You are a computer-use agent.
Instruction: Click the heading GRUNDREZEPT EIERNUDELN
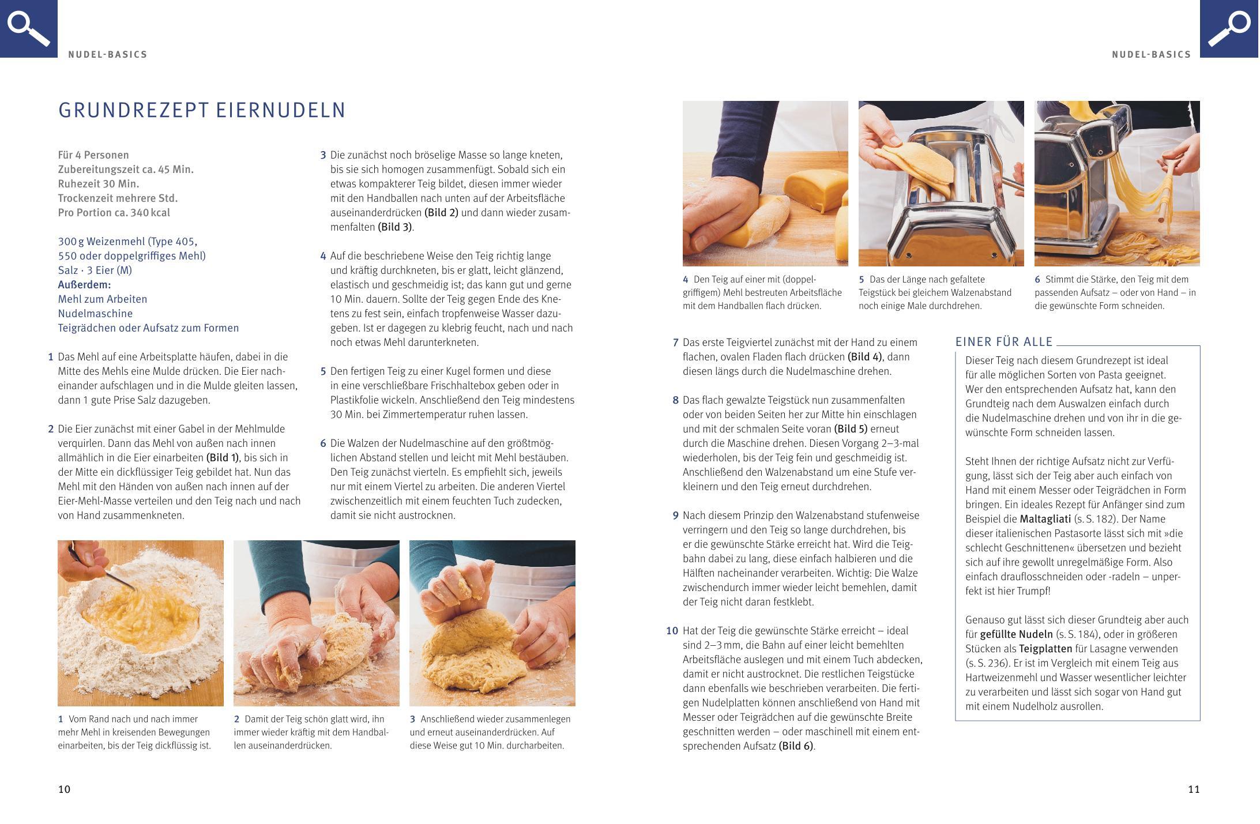(x=202, y=110)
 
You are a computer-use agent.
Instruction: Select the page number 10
(x=64, y=789)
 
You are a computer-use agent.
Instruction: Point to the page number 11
(x=1194, y=789)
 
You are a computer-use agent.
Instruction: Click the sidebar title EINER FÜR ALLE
(x=1004, y=341)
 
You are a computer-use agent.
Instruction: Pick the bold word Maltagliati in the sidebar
(x=1045, y=518)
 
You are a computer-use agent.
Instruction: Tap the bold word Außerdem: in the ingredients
(x=84, y=284)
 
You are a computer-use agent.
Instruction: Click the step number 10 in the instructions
(x=672, y=631)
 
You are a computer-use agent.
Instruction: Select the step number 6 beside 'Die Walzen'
(x=323, y=443)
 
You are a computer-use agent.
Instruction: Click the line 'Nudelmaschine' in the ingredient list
(x=95, y=314)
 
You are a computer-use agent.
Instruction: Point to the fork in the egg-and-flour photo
(x=103, y=569)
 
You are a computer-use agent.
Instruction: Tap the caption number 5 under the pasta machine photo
(x=862, y=279)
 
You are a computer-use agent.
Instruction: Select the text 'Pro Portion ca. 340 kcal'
(x=114, y=213)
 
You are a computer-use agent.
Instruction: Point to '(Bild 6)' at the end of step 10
(x=796, y=746)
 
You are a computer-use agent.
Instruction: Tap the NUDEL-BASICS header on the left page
(x=108, y=55)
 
